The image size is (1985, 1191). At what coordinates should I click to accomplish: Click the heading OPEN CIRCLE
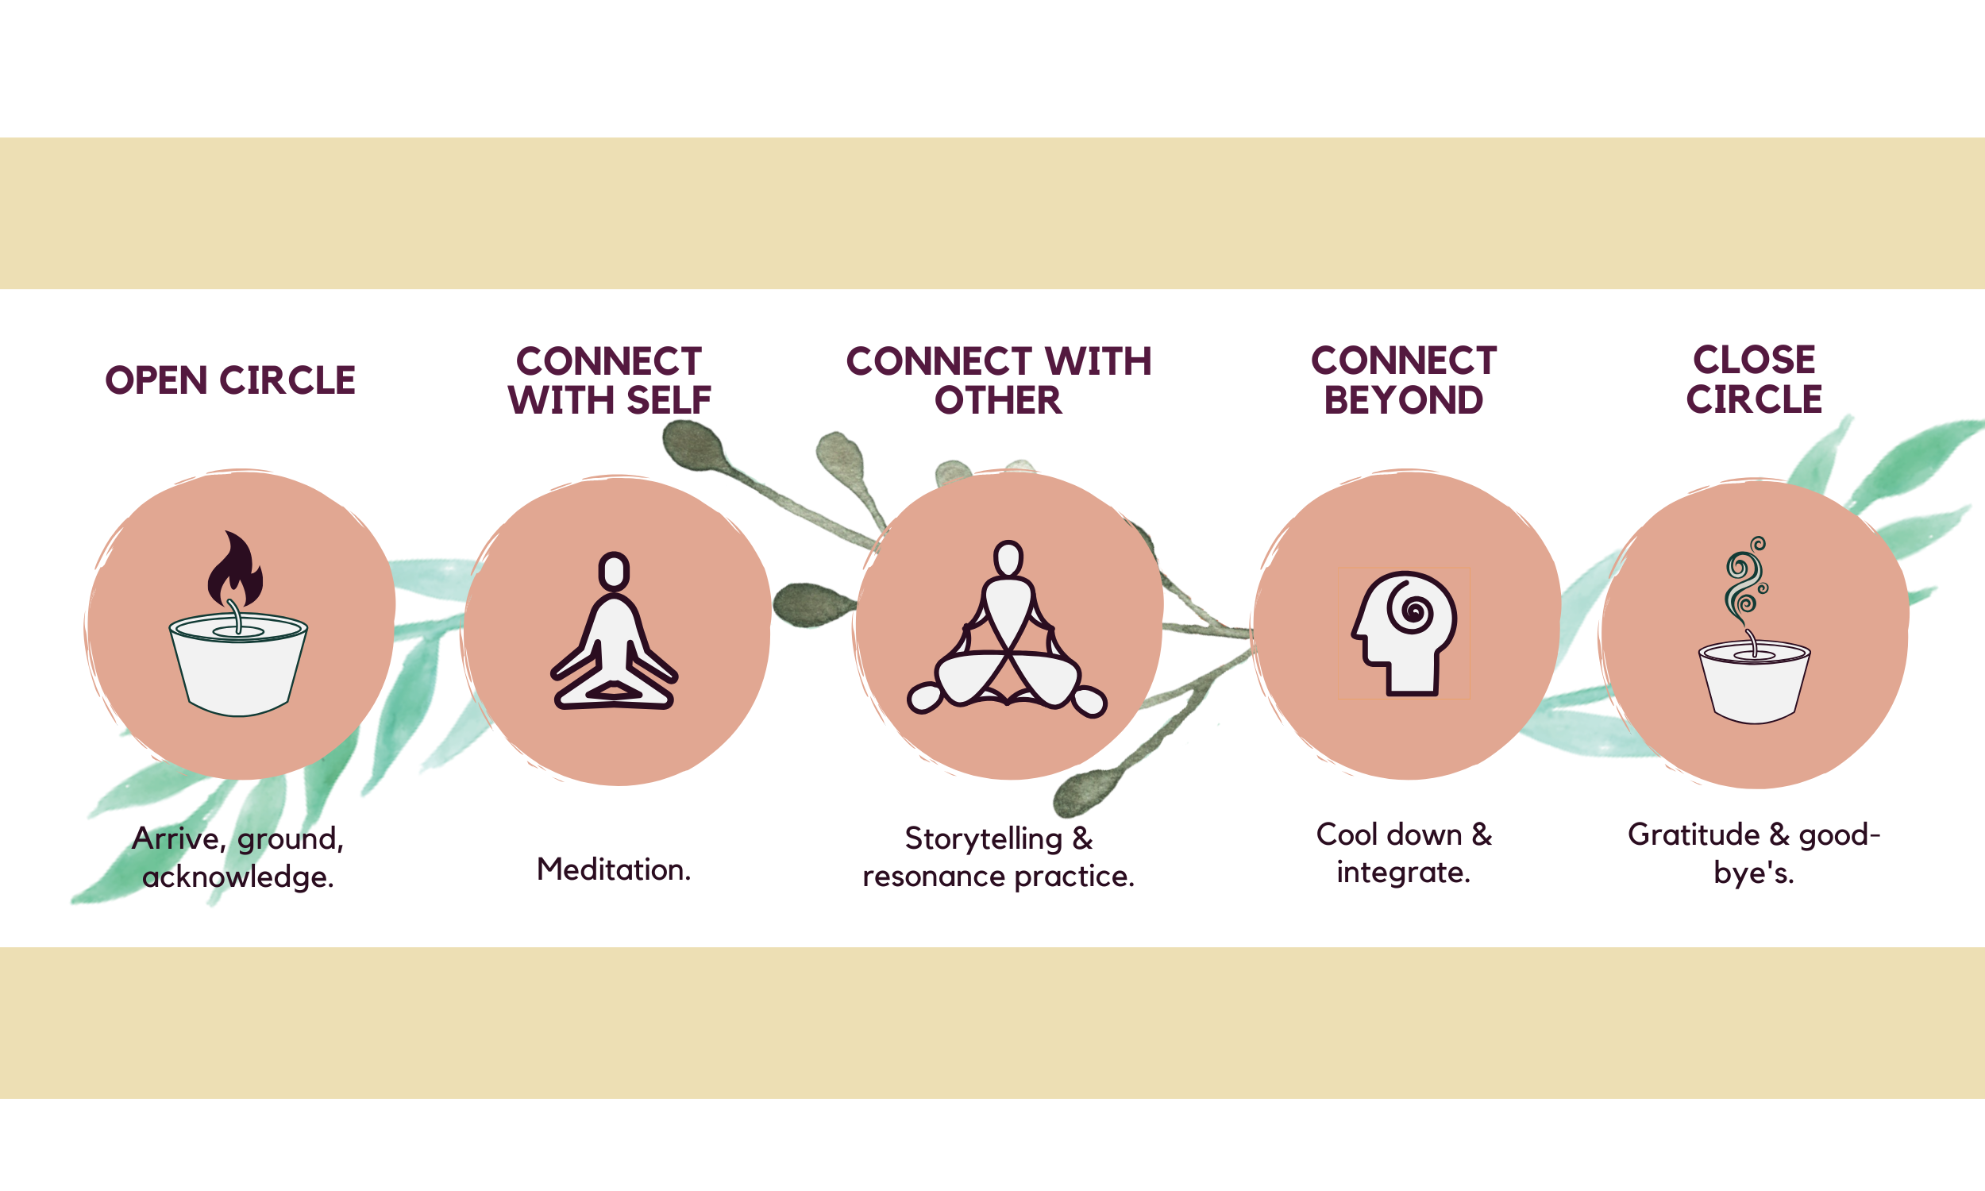[x=230, y=380]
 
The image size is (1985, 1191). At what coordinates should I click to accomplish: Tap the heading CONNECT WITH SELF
[x=610, y=380]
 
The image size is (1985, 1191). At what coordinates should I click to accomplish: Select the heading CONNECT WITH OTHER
[x=999, y=380]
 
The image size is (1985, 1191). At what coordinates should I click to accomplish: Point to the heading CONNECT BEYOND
[x=1404, y=380]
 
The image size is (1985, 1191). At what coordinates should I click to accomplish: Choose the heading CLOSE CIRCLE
[x=1754, y=380]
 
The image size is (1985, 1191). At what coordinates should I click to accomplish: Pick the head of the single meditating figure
[x=614, y=571]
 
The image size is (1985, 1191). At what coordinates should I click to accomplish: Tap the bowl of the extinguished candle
[x=1754, y=683]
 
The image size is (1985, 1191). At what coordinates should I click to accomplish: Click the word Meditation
[x=614, y=870]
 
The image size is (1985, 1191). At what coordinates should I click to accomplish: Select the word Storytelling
[x=984, y=838]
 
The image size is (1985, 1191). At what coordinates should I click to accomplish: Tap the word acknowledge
[x=237, y=877]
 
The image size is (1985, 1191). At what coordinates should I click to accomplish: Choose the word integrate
[x=1403, y=873]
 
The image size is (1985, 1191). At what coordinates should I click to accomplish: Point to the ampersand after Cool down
[x=1481, y=834]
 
